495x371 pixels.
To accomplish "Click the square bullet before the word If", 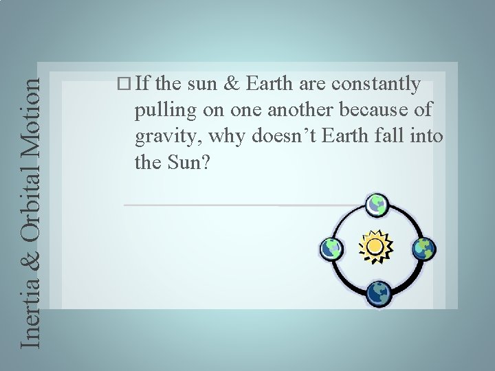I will click(x=124, y=85).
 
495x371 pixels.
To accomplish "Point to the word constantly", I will click(x=375, y=85).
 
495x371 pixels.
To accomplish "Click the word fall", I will click(x=390, y=135).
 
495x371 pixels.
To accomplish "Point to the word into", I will click(x=427, y=135).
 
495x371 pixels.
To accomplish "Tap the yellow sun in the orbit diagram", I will click(x=375, y=246).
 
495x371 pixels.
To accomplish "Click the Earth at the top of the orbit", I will click(x=377, y=204).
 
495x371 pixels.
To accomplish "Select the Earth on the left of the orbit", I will click(x=330, y=248).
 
